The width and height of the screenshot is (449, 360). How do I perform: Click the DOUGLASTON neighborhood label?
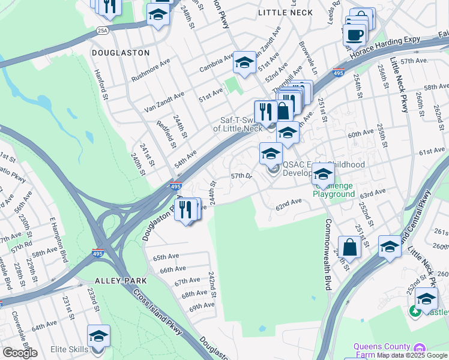tap(121, 53)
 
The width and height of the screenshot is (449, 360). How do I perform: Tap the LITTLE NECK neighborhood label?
tap(285, 12)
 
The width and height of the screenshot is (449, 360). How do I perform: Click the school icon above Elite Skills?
tap(98, 336)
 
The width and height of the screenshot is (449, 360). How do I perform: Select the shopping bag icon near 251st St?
tap(349, 247)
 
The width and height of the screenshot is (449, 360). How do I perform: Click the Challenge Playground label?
tap(334, 190)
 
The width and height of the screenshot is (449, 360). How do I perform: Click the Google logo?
tap(20, 352)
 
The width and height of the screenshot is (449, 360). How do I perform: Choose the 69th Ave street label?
tap(202, 306)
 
